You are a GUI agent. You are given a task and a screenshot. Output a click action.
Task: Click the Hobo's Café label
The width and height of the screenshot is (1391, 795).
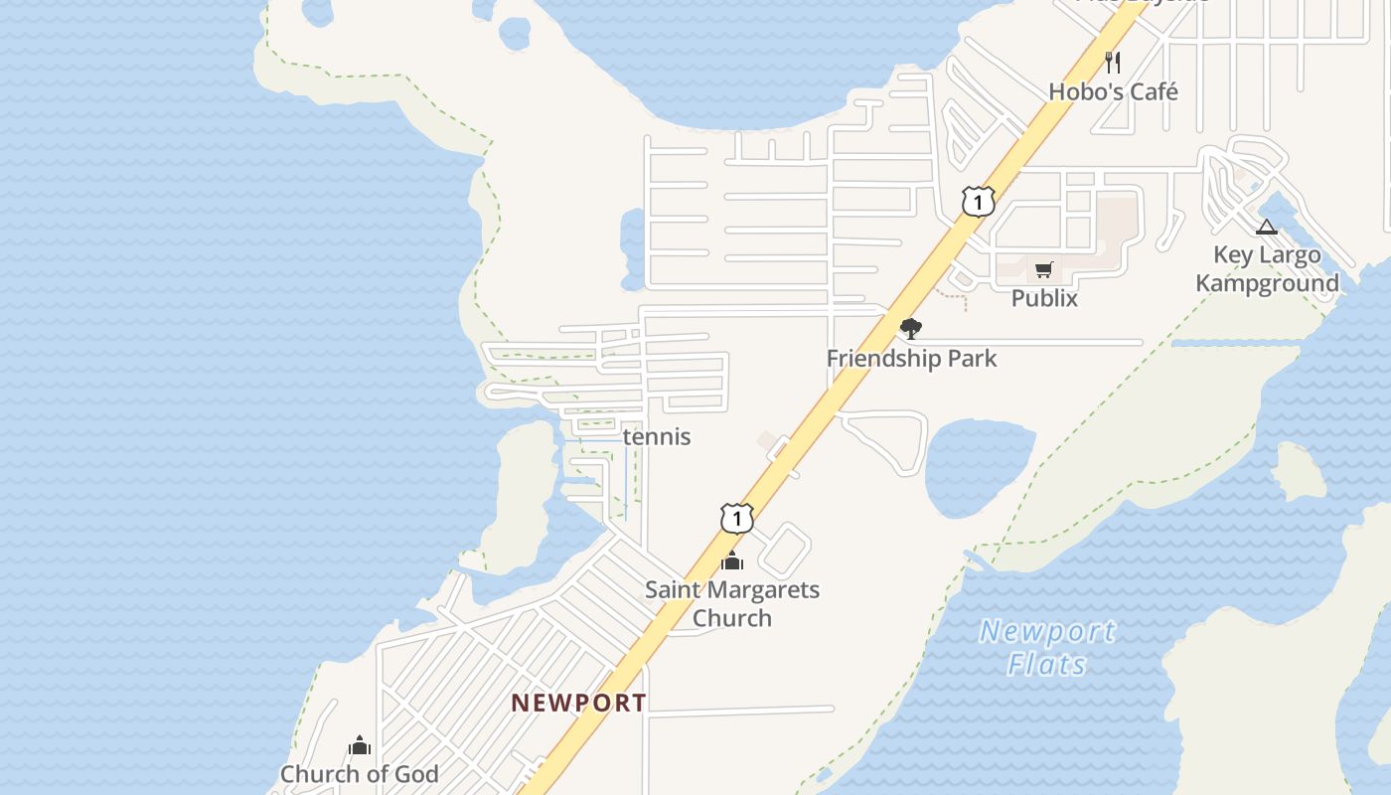click(1113, 91)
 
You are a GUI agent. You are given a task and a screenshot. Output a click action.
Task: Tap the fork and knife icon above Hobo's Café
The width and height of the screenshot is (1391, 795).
click(1113, 63)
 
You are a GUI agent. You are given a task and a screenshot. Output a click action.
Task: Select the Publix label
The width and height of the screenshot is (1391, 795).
click(1044, 297)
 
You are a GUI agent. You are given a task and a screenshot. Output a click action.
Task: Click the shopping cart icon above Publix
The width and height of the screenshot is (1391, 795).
click(1043, 269)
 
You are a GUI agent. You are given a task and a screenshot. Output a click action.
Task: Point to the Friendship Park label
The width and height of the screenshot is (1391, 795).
click(911, 358)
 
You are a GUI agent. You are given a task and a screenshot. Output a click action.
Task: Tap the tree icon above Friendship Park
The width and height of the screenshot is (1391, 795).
click(910, 329)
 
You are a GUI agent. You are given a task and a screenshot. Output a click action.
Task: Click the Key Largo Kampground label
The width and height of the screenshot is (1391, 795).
click(1267, 268)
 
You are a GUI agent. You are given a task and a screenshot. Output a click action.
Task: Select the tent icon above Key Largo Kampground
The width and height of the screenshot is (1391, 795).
click(1266, 227)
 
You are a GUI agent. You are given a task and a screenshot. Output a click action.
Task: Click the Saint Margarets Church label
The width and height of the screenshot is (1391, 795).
click(732, 603)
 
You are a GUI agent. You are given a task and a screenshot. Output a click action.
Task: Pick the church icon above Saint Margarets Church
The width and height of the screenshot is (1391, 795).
click(732, 560)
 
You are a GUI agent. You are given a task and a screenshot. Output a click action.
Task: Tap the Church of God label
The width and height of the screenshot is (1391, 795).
click(359, 773)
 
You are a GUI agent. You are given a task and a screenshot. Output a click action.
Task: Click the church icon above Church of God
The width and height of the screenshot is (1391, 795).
click(360, 745)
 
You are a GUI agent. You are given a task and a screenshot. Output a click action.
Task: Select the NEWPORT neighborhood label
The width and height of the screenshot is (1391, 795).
click(578, 703)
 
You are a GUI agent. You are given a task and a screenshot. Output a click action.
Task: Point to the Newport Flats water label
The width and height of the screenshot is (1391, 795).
click(1047, 647)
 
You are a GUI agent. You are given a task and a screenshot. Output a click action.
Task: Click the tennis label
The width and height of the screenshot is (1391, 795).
click(656, 436)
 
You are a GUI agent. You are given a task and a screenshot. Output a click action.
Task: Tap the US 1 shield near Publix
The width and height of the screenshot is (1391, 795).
click(978, 202)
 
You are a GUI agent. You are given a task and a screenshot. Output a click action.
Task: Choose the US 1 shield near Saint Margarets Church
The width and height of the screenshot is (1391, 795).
click(736, 518)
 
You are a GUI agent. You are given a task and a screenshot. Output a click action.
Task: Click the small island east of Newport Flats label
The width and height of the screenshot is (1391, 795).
click(1299, 472)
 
